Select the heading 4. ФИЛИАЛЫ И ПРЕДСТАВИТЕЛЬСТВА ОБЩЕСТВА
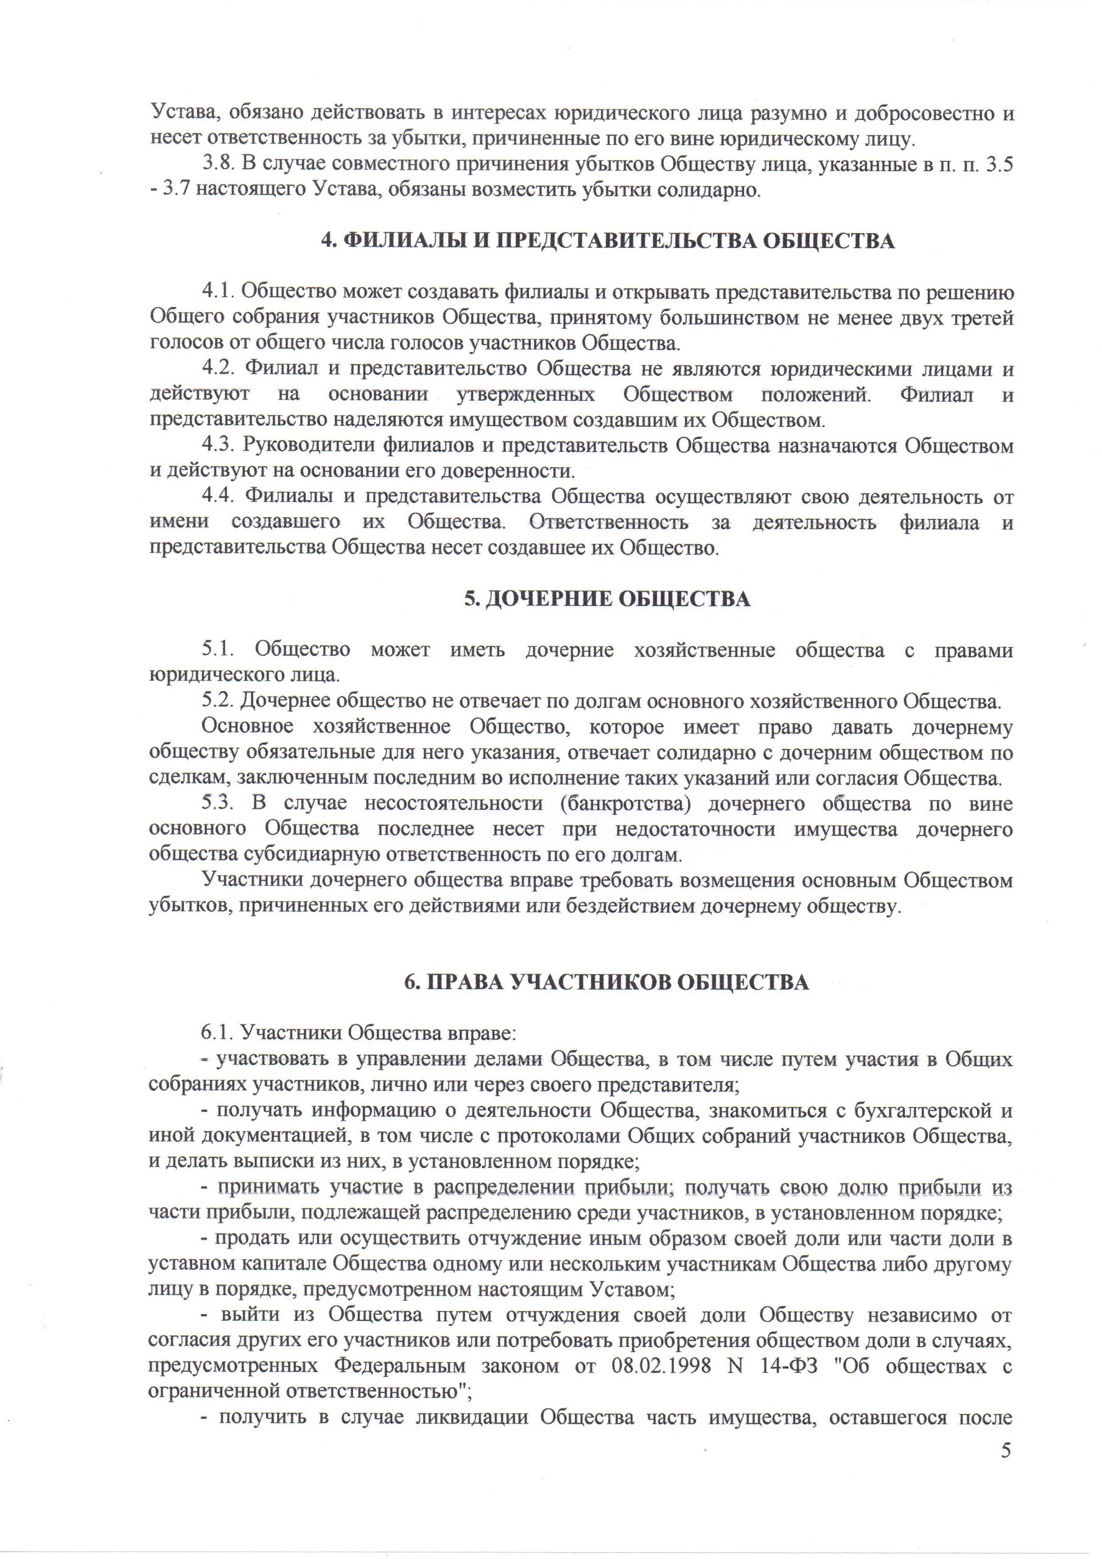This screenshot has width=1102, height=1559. (x=607, y=241)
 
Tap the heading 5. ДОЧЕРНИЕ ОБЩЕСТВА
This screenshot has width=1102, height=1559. (x=607, y=599)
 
